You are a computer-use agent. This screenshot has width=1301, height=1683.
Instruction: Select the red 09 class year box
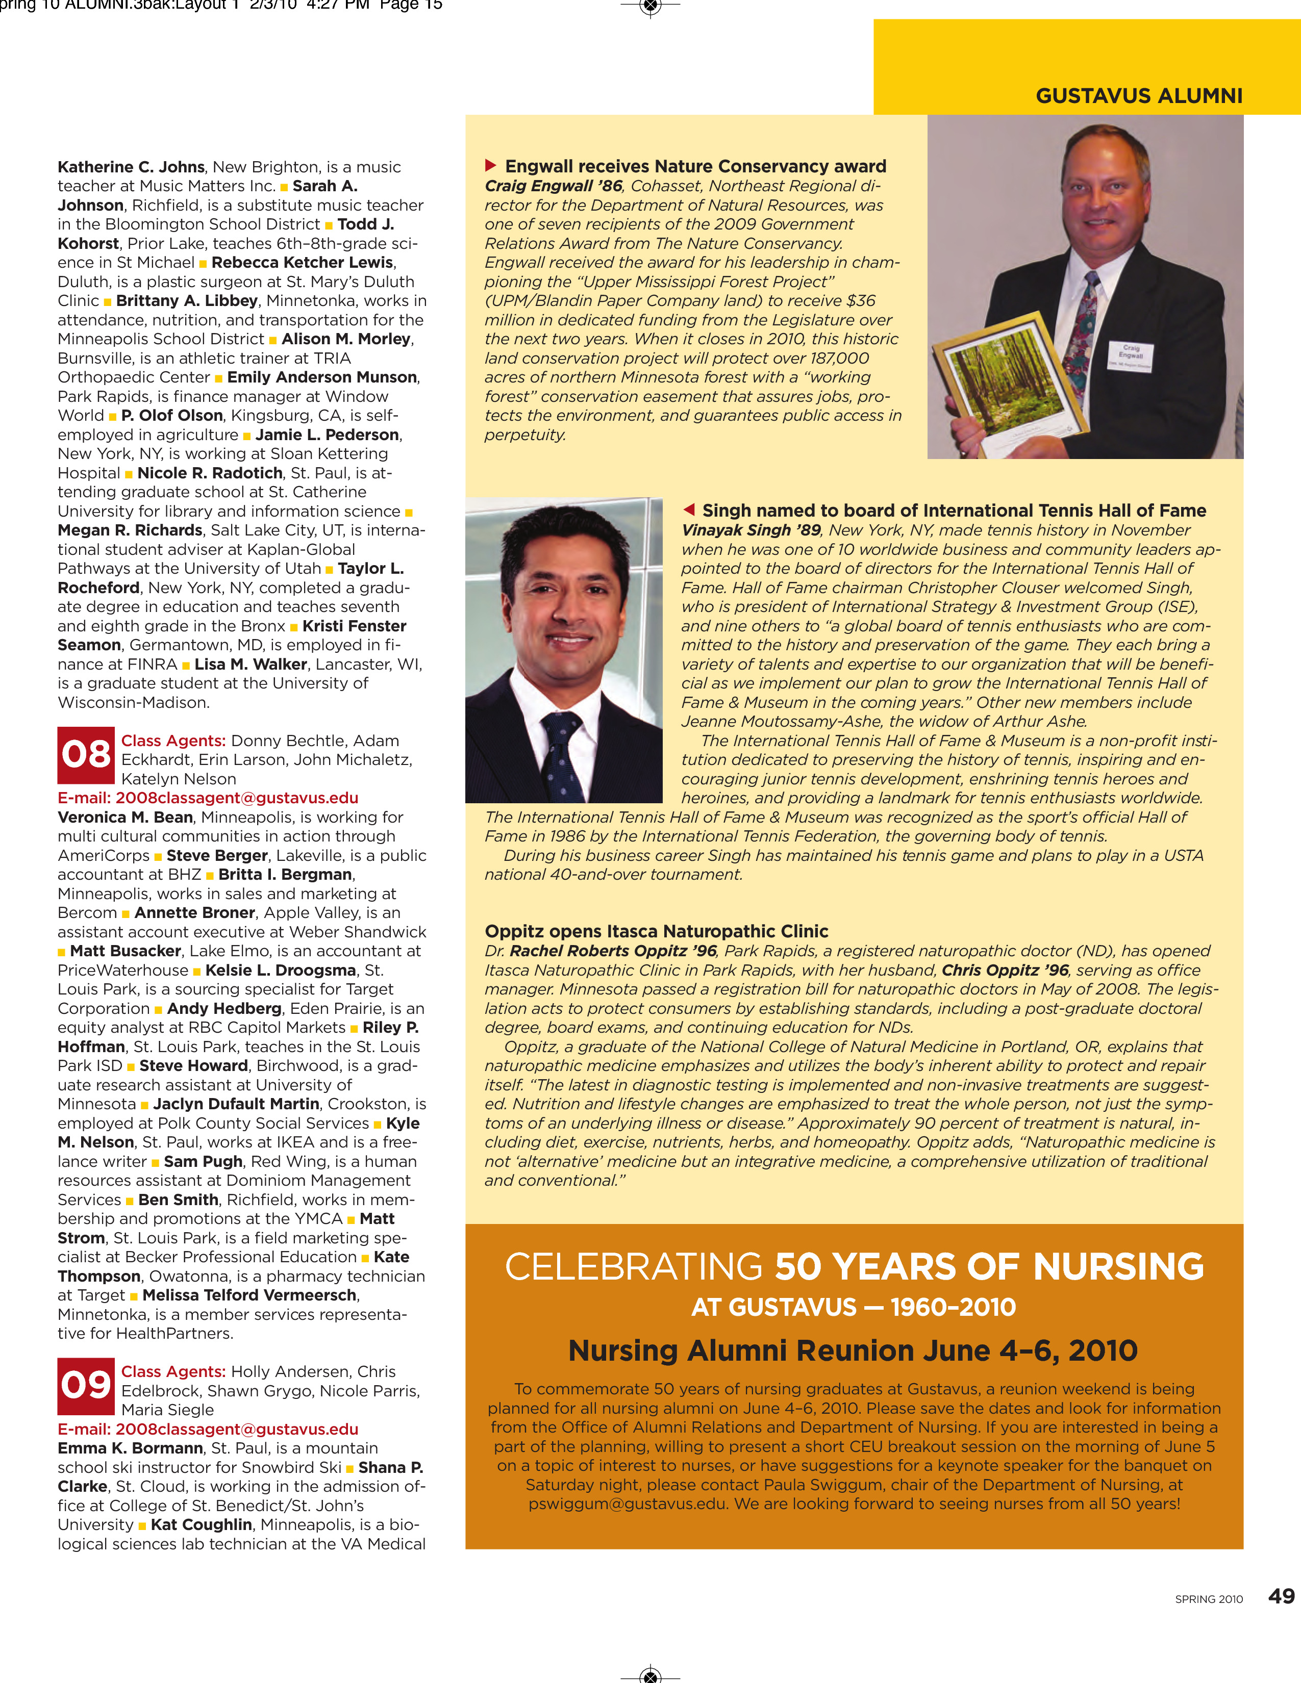coord(86,1386)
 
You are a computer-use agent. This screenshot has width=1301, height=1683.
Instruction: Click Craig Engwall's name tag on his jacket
coord(1130,356)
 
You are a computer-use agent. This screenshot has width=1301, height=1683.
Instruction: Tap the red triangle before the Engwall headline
coord(490,166)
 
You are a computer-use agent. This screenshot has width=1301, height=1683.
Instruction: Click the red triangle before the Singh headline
coord(689,509)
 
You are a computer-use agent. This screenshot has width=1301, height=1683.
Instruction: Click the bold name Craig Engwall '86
coord(553,186)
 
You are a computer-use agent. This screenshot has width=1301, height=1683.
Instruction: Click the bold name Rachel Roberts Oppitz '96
coord(613,951)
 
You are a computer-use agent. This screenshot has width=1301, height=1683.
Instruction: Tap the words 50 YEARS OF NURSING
coord(989,1267)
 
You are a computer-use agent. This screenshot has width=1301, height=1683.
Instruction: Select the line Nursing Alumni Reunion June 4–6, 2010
coord(853,1351)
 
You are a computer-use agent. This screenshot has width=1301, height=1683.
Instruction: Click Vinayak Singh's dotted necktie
coord(562,755)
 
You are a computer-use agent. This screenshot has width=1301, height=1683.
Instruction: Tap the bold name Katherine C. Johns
coord(131,167)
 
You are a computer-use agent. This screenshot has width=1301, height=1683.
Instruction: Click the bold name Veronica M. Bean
coord(125,817)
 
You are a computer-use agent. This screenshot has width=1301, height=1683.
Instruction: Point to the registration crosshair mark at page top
coord(651,7)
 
